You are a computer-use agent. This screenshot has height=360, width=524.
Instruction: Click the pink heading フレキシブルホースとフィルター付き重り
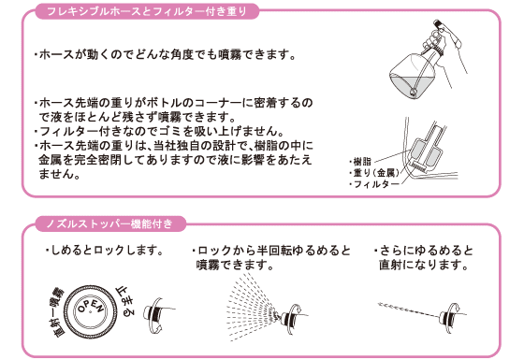click(x=147, y=11)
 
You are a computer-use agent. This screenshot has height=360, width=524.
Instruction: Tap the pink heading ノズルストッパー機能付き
click(x=109, y=223)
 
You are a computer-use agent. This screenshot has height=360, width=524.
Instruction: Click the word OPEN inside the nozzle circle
click(x=91, y=307)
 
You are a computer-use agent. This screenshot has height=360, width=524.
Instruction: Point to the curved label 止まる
click(x=125, y=301)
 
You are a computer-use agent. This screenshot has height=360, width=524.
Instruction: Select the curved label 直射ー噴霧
click(x=56, y=310)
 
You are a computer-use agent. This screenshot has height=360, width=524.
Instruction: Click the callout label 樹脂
click(x=361, y=162)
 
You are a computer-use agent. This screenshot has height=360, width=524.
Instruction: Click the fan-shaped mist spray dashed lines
click(x=251, y=307)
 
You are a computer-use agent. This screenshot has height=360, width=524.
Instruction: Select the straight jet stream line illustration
click(x=409, y=310)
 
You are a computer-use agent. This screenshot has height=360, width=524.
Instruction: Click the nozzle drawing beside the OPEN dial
click(x=157, y=315)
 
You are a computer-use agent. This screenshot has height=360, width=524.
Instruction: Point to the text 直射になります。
click(x=424, y=265)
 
